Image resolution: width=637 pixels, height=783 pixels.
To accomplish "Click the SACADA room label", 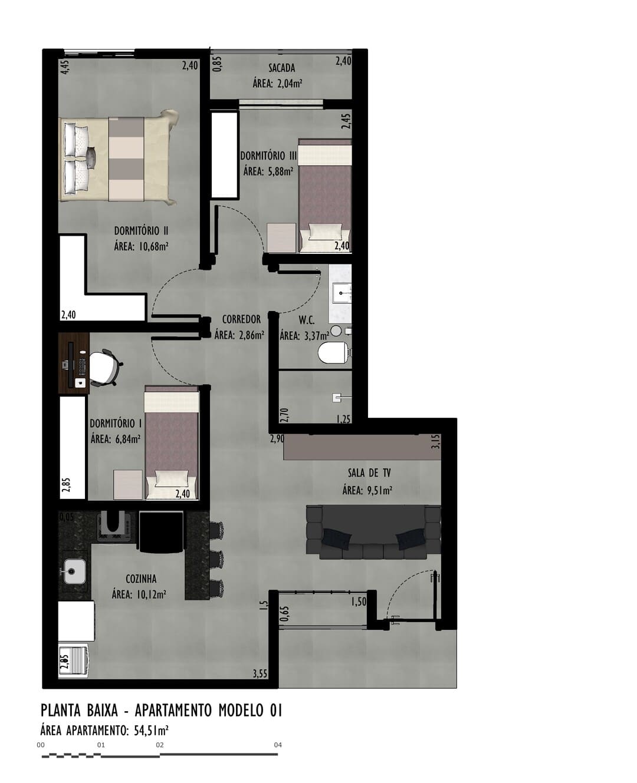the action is click(281, 68).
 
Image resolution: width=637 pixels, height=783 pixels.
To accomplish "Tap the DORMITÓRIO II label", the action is click(141, 231).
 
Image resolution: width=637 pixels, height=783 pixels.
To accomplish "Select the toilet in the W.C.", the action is click(333, 352).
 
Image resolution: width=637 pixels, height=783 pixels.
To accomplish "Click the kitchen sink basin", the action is click(75, 571).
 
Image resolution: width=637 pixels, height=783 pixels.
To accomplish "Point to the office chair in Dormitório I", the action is click(105, 367).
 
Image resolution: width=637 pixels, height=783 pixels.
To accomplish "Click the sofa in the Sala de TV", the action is click(373, 531).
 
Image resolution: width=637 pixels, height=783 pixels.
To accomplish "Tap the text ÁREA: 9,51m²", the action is click(367, 490).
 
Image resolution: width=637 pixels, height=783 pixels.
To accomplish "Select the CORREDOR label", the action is click(241, 319).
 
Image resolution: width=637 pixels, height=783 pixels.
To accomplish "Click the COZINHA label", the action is click(141, 579).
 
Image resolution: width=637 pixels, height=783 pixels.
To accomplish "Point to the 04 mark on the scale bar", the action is click(278, 745).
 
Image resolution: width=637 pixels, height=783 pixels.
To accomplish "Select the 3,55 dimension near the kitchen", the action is click(260, 674).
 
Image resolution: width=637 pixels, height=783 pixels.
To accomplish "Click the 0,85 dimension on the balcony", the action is click(218, 63).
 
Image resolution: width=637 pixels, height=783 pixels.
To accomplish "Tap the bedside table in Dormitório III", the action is click(281, 237).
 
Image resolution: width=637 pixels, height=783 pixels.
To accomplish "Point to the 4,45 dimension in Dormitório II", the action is click(65, 67).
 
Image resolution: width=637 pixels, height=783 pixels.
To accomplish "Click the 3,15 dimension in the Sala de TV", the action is click(436, 441).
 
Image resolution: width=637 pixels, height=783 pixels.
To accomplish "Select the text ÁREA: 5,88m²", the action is click(268, 171).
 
